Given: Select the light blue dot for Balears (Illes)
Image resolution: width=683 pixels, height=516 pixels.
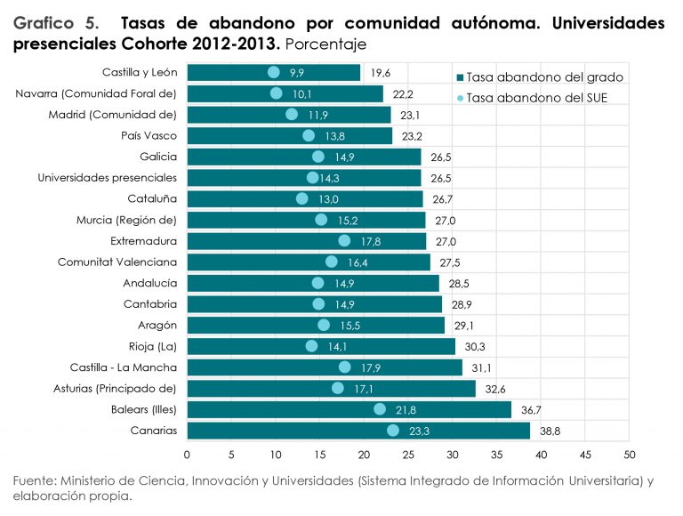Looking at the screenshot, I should click(380, 409).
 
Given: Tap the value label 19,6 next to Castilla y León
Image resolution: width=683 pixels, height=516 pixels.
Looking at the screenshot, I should click(381, 73).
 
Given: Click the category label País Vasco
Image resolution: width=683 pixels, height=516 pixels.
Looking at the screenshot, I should click(149, 136).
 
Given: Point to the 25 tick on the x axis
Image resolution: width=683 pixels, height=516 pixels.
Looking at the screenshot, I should click(408, 454).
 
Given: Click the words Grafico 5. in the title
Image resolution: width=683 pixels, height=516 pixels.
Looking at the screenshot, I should click(56, 23).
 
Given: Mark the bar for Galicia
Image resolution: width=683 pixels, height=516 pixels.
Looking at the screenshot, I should click(303, 157).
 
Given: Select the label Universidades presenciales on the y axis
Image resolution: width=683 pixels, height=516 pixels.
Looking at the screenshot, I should click(108, 178).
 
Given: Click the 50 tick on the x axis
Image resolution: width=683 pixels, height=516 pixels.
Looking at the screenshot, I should click(629, 454).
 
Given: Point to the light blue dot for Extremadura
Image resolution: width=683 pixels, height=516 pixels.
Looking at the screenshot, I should click(344, 241).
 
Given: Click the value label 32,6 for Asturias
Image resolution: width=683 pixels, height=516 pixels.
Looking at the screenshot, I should click(495, 389).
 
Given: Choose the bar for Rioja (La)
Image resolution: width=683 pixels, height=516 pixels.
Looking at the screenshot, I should click(320, 346).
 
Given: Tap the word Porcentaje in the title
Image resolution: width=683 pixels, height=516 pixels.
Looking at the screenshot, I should click(327, 44).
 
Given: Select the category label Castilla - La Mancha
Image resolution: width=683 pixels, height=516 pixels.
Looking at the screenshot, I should click(124, 367).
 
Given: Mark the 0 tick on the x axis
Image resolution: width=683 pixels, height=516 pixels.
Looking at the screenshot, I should click(187, 454).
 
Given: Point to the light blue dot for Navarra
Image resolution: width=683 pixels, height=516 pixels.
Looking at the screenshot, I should click(276, 93).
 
